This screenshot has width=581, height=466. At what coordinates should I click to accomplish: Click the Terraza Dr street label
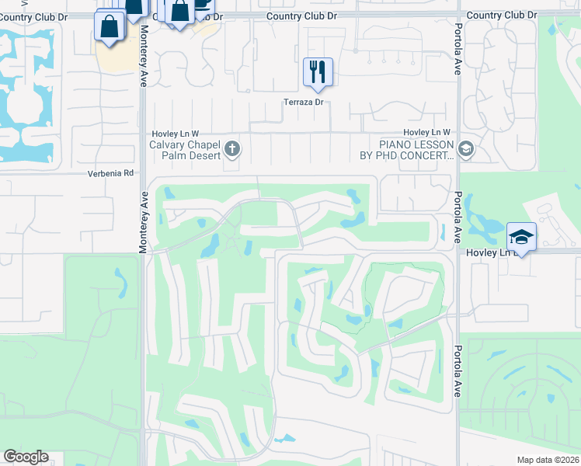[302, 103]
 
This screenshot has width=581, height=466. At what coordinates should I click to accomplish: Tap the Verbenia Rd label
[111, 173]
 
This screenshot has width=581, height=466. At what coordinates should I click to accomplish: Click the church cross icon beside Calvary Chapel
[231, 148]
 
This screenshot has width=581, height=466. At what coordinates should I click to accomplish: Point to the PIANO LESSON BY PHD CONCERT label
[416, 150]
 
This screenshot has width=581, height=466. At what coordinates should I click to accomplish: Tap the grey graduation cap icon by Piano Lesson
[465, 149]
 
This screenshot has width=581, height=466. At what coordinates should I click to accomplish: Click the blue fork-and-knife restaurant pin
[318, 72]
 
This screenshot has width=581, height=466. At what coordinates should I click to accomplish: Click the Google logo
[26, 457]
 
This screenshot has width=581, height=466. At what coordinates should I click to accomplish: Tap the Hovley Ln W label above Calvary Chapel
[176, 133]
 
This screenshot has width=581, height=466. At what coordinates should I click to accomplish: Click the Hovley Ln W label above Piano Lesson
[426, 133]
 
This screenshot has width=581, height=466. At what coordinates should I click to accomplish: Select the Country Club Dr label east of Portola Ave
[502, 15]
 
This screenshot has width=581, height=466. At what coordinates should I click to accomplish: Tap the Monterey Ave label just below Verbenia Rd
[143, 221]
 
